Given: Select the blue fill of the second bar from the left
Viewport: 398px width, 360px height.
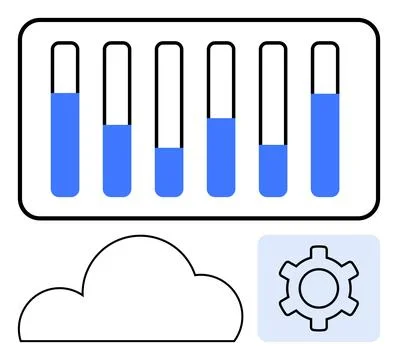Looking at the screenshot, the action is pos(117,159).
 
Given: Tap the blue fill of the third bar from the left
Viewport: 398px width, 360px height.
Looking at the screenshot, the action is pos(169,171).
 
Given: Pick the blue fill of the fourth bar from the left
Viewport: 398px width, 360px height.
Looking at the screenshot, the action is pos(221,156).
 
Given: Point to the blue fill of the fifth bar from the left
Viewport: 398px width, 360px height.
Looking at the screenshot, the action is pos(273,169).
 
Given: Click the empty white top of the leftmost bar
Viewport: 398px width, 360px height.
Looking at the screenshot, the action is pos(65,68).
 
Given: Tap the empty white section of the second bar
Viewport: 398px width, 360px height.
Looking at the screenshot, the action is pos(117,84).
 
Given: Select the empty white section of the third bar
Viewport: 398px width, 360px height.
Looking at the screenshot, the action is pos(169,96).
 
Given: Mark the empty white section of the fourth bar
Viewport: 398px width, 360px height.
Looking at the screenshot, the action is pos(221,81).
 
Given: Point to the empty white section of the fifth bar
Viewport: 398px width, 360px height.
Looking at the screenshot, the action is pos(273,95).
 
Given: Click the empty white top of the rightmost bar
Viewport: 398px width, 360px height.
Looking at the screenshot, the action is pos(325,68).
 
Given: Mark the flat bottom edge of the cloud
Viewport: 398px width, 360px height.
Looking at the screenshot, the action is pos(130,340).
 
